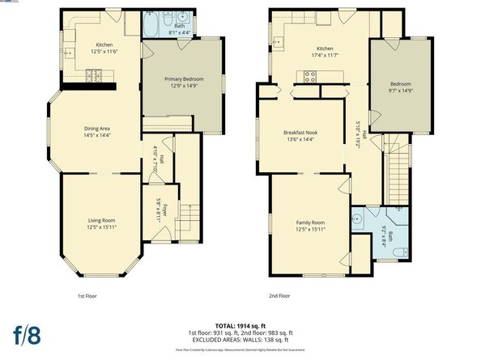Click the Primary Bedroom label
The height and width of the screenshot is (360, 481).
[184, 78]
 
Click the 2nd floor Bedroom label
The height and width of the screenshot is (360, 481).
[400, 84]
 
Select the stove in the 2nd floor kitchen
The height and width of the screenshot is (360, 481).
[309, 77]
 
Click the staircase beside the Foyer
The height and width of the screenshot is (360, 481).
[189, 218]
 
